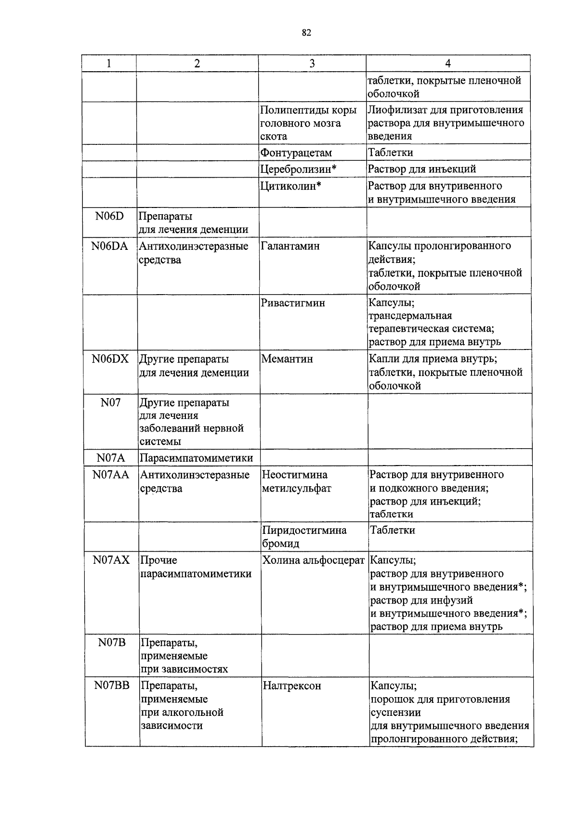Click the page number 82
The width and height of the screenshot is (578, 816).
point(306,33)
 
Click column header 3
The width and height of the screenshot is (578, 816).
point(312,64)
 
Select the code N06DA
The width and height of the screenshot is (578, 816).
point(110,246)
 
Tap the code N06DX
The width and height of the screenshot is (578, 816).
point(110,359)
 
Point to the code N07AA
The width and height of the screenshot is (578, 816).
point(111,475)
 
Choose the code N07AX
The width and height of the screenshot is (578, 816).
point(111,560)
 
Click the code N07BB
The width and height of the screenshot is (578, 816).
point(112,686)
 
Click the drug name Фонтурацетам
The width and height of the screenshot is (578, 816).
point(296,153)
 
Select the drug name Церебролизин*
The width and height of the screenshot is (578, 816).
point(298,169)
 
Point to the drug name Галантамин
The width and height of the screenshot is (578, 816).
point(290,246)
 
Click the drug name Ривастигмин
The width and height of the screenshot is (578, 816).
point(293,303)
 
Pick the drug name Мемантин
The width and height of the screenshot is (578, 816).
point(287,359)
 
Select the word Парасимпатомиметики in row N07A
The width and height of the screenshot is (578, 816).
point(196,458)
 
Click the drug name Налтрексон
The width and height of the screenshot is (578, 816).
point(292,686)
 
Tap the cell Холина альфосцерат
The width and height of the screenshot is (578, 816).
point(314,560)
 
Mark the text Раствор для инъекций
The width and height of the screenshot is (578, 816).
point(422,169)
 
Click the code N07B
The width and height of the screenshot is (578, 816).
point(112,643)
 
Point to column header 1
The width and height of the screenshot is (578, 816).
point(109,64)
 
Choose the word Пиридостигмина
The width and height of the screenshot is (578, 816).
point(304,531)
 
